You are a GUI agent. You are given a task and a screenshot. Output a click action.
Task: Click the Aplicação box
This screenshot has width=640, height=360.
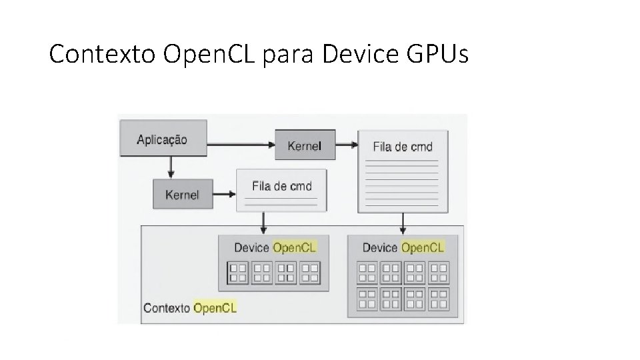162,140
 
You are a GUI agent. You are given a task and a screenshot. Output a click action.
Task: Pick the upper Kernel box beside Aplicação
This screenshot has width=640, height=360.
304,146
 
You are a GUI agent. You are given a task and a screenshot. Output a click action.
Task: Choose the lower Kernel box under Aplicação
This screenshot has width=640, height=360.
182,195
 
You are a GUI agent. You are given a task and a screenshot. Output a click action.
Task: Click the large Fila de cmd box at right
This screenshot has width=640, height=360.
403,171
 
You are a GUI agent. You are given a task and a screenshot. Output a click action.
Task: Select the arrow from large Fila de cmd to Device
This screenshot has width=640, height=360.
403,225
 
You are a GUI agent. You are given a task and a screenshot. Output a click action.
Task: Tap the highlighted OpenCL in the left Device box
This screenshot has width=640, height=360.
295,247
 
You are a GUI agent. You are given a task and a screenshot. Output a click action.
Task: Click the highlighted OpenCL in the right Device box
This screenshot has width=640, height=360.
423,247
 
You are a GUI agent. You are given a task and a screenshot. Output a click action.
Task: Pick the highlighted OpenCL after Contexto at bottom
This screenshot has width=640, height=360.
215,307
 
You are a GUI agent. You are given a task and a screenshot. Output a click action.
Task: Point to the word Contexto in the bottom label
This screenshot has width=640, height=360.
167,307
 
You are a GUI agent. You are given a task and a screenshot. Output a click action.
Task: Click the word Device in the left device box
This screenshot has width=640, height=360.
251,247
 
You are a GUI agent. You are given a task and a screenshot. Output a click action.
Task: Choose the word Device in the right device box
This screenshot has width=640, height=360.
380,247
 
